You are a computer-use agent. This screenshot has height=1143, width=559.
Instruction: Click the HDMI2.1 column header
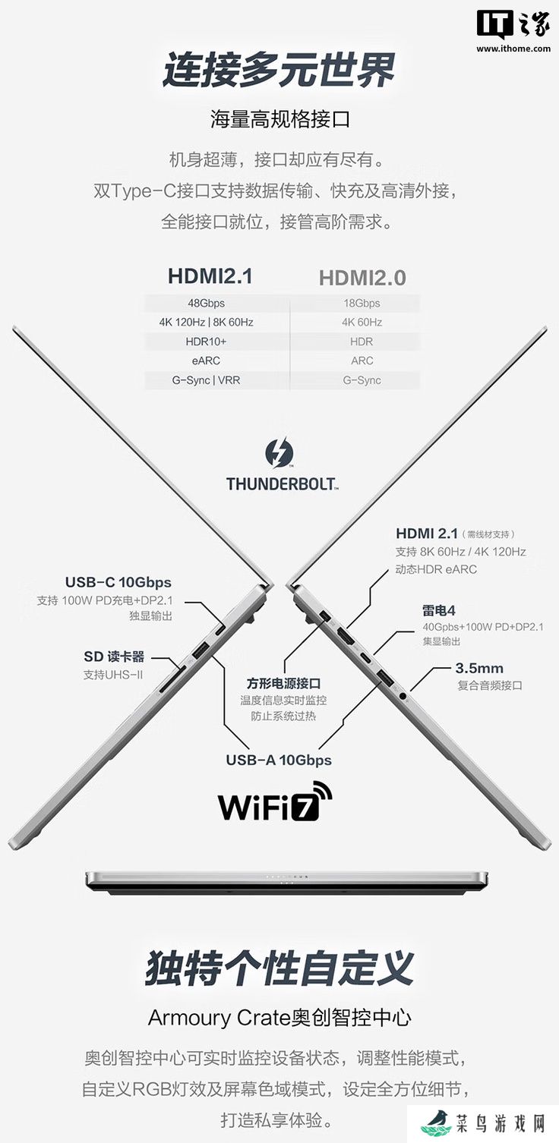point(210,276)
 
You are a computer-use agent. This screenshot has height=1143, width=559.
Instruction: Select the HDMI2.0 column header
point(362,278)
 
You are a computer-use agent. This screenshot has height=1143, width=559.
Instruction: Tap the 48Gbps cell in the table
point(207,303)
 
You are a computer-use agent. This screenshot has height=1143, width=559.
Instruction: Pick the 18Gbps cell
point(362,303)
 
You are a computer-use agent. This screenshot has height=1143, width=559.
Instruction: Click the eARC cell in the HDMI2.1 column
point(207,361)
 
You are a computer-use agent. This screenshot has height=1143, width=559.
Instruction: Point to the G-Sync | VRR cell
point(207,380)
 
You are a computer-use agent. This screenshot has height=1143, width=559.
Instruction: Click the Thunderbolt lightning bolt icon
point(279,452)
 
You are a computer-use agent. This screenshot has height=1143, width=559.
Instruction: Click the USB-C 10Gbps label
point(118,582)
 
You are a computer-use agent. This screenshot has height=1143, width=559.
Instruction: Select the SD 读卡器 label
point(114,657)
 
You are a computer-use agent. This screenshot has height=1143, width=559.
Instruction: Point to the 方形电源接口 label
point(283,683)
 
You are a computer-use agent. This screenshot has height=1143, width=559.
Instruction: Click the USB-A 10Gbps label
point(279,760)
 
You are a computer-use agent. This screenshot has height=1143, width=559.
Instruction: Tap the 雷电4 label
point(438,610)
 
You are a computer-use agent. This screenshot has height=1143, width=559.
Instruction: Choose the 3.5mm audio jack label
point(479,668)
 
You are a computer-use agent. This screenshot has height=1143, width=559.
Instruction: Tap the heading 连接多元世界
point(279,70)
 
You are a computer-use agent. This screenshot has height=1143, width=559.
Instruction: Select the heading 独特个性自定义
point(279,968)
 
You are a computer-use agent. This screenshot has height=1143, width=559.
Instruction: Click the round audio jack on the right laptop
point(403,695)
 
